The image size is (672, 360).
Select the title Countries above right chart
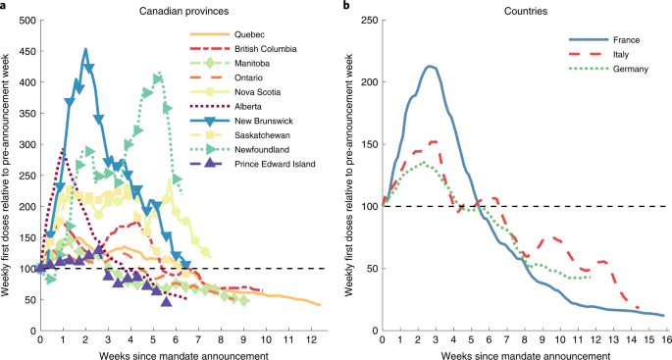pos(525,9)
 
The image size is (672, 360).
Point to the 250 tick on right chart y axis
pos(364,21)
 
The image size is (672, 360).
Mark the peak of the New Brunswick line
pos(85,49)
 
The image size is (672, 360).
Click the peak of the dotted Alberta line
pos(63,149)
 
